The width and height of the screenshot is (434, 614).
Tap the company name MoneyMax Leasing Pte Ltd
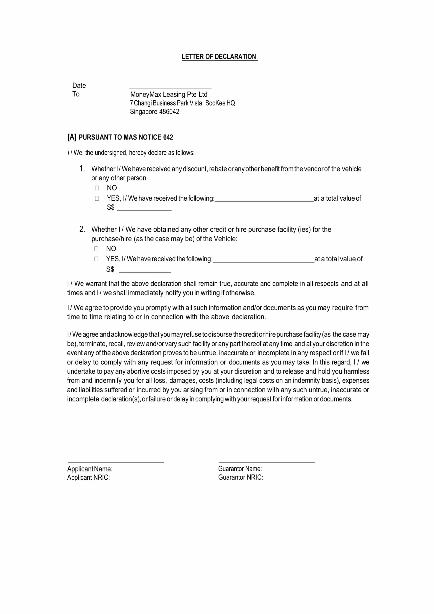169,94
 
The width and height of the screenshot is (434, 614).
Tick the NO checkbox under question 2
96,249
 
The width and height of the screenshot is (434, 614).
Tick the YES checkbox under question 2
96,259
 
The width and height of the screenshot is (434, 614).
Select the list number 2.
82,229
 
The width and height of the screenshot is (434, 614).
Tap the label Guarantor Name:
240,469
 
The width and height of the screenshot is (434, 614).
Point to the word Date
79,86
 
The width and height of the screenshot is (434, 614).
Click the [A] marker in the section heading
72,137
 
